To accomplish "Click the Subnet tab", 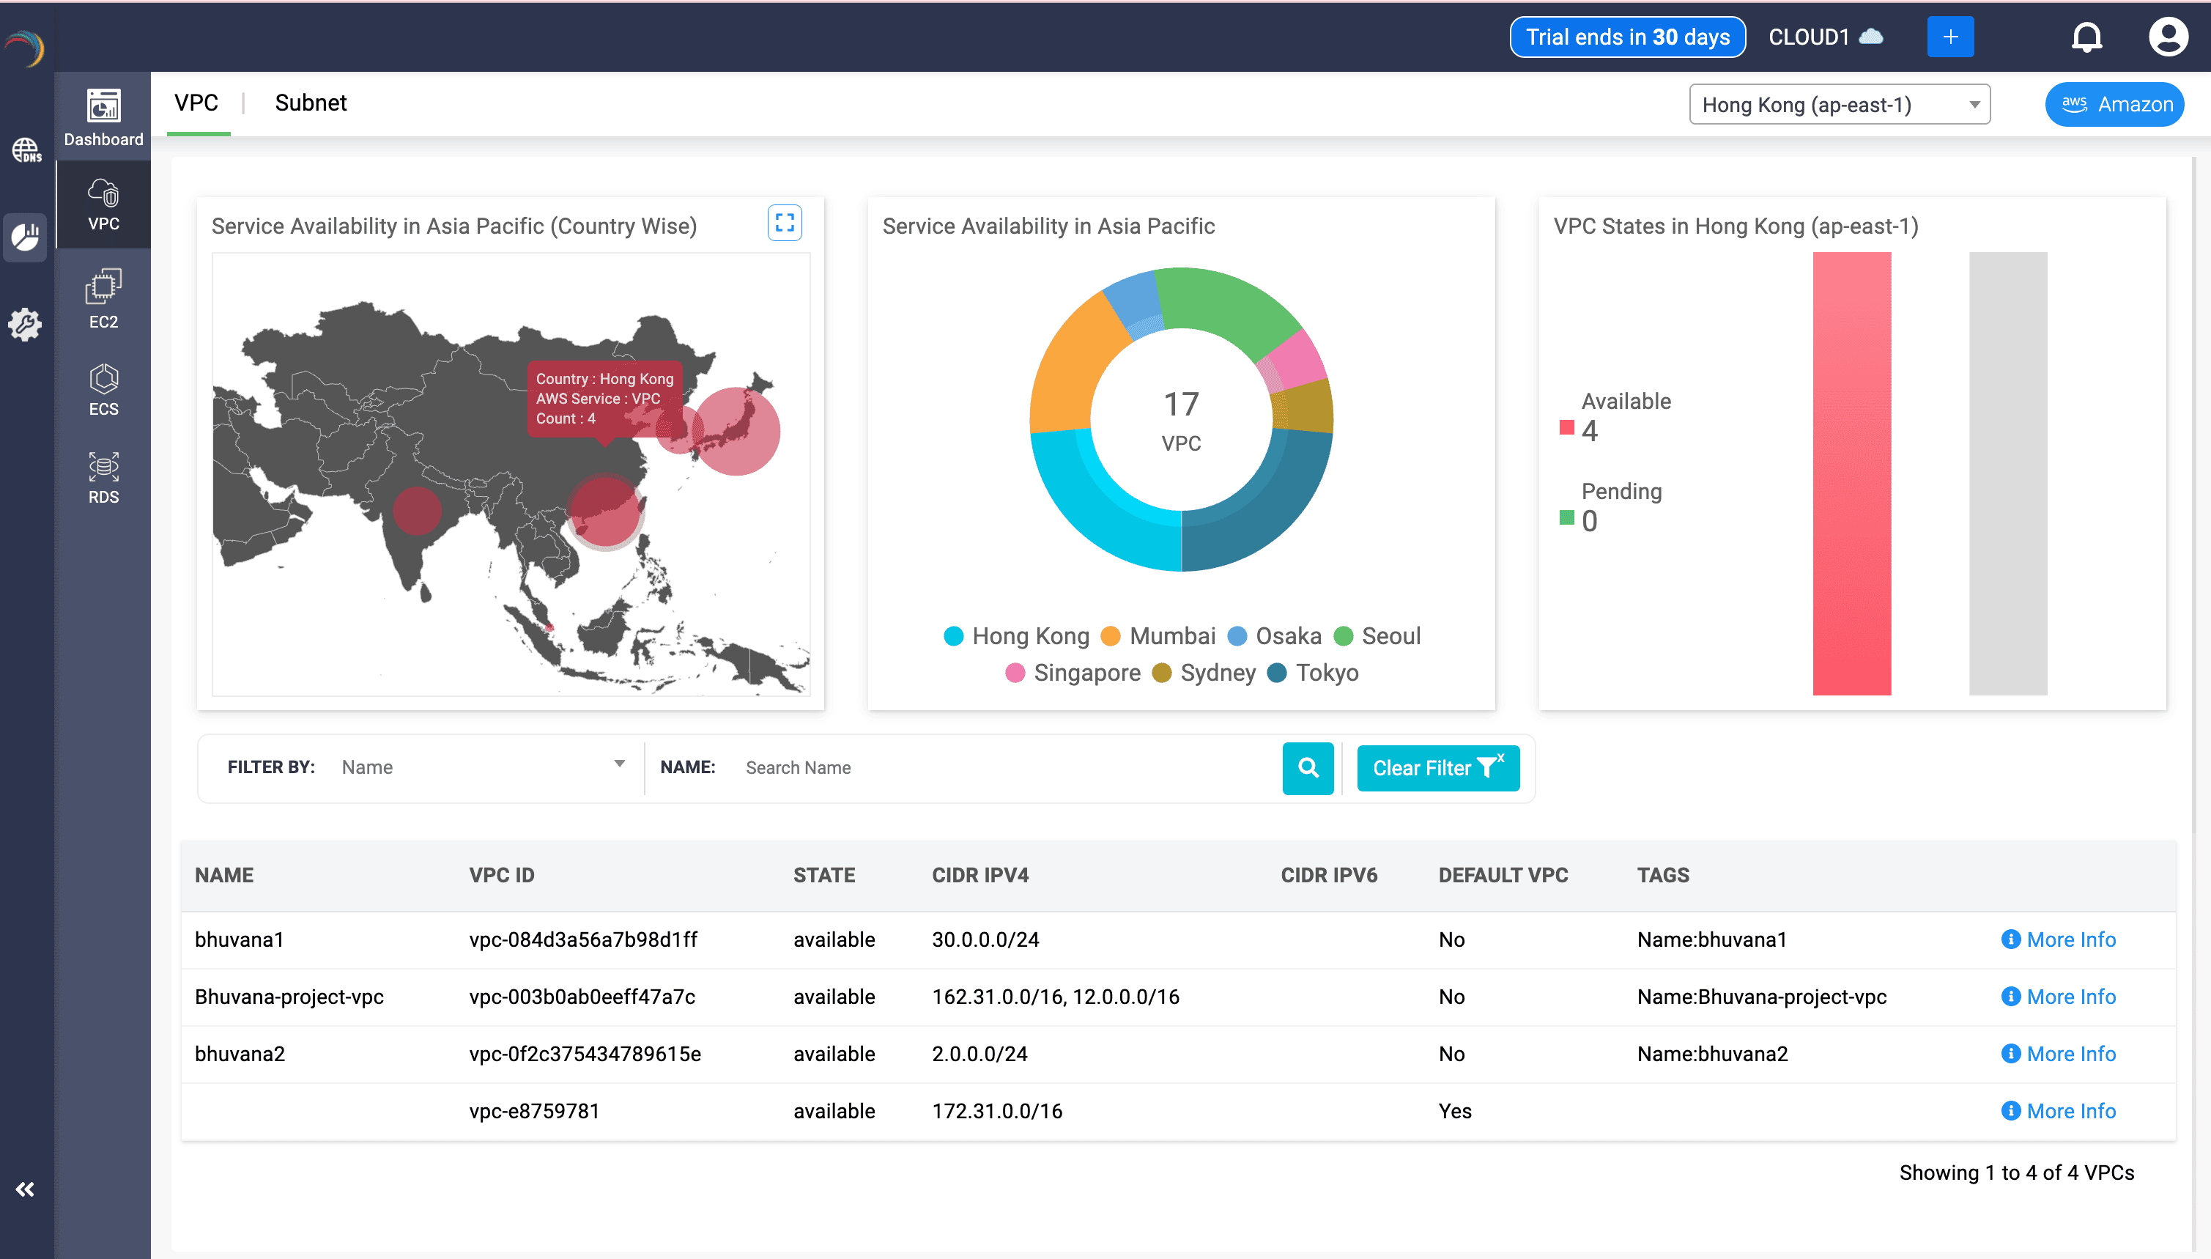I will point(311,103).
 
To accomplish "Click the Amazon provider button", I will point(2114,105).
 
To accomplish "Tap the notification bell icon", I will point(2086,37).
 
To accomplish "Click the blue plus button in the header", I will point(1950,37).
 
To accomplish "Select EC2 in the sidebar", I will point(104,299).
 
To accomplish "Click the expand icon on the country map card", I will point(784,223).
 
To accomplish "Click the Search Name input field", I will point(1003,768).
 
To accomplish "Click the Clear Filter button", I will point(1437,768).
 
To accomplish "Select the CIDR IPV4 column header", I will point(980,875).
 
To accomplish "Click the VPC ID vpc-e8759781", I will point(534,1111).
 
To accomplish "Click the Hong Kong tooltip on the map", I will point(604,399).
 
